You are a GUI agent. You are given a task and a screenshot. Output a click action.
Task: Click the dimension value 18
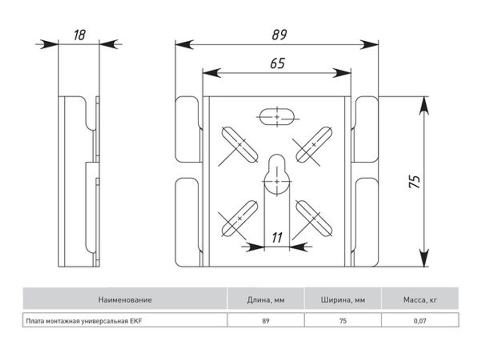click(79, 35)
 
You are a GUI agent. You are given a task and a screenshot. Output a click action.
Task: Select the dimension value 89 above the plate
click(279, 35)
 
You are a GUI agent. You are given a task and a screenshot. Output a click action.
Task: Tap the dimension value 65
click(277, 63)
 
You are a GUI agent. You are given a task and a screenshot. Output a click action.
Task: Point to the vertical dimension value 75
click(415, 181)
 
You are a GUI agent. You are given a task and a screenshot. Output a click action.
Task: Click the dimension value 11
click(277, 238)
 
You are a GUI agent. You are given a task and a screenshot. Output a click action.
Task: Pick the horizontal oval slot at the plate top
click(277, 117)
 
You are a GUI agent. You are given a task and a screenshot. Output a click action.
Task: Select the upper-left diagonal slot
click(240, 144)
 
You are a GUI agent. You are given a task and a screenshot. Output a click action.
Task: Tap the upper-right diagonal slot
click(314, 144)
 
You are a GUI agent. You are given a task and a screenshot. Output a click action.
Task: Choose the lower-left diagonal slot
click(240, 218)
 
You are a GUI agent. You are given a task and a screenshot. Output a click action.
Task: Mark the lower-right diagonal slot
click(314, 218)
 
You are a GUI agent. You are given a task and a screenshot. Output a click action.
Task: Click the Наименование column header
click(125, 300)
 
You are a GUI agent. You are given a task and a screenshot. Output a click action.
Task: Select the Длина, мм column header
click(266, 300)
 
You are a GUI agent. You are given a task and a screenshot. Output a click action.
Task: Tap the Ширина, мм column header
click(343, 300)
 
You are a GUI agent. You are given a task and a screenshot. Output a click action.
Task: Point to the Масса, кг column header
click(420, 300)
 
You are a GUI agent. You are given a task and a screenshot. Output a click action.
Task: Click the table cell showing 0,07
click(420, 321)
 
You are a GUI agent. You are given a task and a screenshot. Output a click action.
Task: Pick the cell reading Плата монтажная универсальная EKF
click(125, 321)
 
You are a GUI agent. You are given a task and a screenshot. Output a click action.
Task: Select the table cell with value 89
click(266, 321)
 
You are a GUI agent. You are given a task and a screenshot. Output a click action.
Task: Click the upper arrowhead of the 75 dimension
click(424, 106)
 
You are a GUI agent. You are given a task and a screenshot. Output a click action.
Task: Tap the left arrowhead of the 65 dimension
click(212, 73)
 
